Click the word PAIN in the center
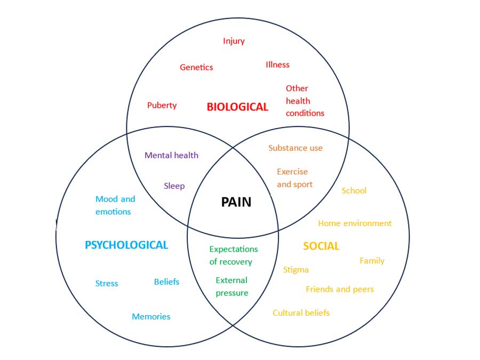click(236, 202)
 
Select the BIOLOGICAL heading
click(237, 107)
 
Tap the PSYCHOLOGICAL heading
click(126, 245)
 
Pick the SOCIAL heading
click(321, 246)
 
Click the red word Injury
click(234, 41)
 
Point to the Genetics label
click(196, 67)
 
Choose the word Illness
click(277, 65)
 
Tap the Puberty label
click(162, 105)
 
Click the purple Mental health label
click(171, 155)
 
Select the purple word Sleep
click(174, 186)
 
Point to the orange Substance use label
click(295, 148)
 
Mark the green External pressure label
click(231, 286)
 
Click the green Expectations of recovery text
click(233, 255)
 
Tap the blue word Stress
click(107, 283)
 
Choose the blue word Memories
click(151, 316)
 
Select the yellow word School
click(354, 190)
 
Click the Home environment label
click(355, 223)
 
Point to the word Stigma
click(295, 269)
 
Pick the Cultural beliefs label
click(301, 313)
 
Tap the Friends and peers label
click(340, 289)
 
